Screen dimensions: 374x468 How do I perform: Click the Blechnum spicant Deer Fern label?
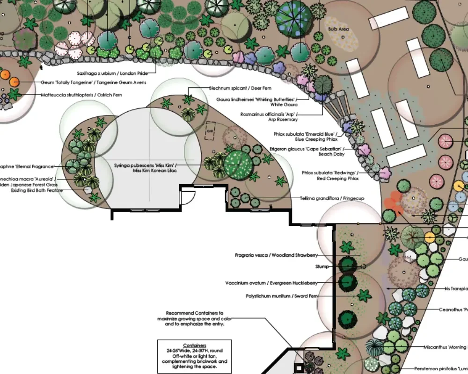pyautogui.click(x=240, y=88)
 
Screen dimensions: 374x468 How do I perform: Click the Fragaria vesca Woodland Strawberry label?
pyautogui.click(x=276, y=255)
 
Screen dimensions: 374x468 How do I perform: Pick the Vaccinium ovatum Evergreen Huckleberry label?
pyautogui.click(x=271, y=283)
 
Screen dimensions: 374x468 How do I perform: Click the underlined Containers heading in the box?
pyautogui.click(x=194, y=345)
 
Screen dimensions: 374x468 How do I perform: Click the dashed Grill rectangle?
pyautogui.click(x=210, y=131)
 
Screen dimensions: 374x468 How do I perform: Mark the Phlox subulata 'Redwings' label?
pyautogui.click(x=330, y=175)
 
